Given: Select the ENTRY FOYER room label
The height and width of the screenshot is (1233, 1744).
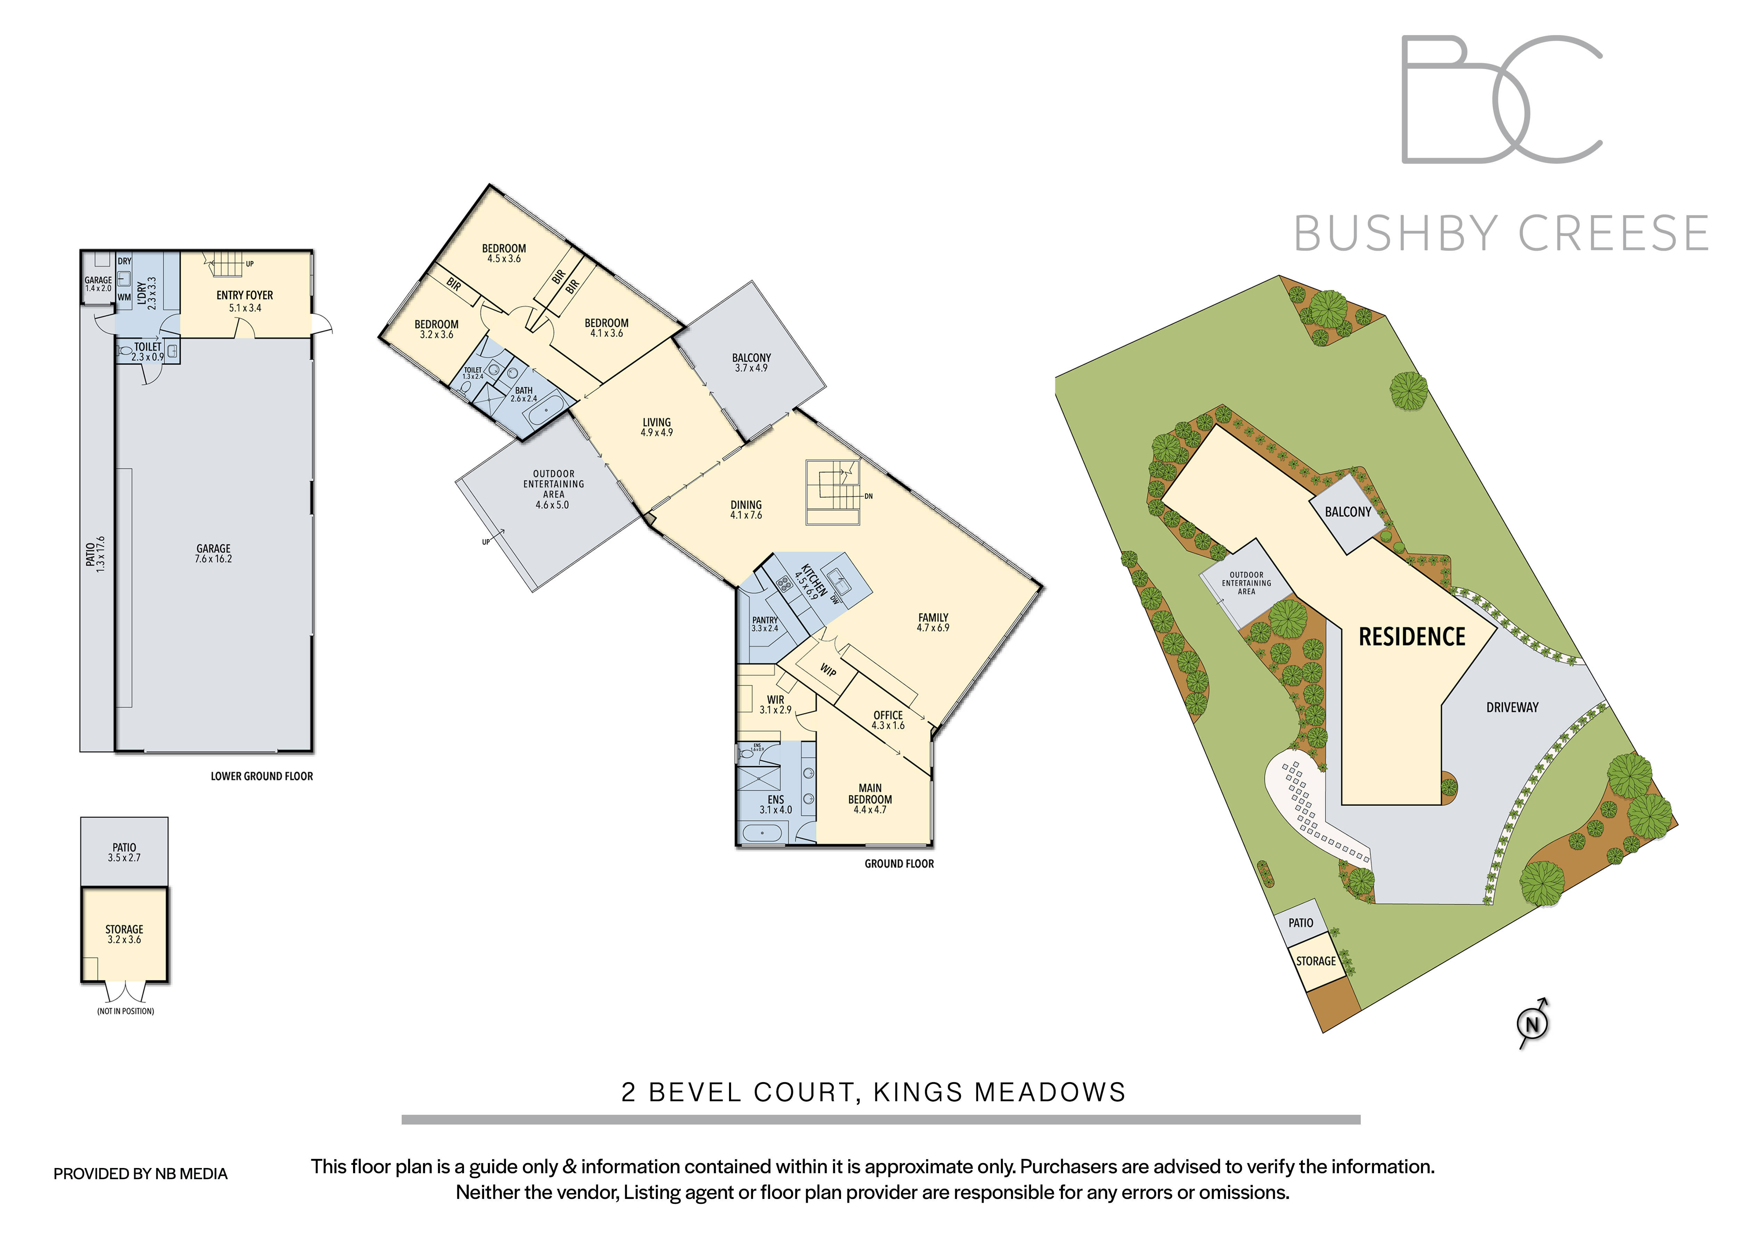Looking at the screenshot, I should pyautogui.click(x=245, y=295).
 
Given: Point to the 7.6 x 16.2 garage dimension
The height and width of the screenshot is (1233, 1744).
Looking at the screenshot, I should pyautogui.click(x=213, y=559).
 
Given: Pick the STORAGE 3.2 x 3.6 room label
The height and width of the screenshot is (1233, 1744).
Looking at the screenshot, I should pyautogui.click(x=124, y=934).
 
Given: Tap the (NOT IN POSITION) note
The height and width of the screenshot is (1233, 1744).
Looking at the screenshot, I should pyautogui.click(x=125, y=1011).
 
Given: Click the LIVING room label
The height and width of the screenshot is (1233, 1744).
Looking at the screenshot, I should pyautogui.click(x=657, y=422).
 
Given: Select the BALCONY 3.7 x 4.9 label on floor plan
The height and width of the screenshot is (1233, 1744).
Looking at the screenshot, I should pyautogui.click(x=751, y=362).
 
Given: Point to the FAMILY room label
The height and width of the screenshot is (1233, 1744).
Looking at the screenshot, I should pyautogui.click(x=933, y=618).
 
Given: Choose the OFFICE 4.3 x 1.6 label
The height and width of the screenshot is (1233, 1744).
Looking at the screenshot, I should pyautogui.click(x=888, y=720).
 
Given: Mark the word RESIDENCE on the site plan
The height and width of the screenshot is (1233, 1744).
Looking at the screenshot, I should pyautogui.click(x=1411, y=636).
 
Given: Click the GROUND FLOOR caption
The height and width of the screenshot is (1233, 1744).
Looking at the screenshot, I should pyautogui.click(x=899, y=864).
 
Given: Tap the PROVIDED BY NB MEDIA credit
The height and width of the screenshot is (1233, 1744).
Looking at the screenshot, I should pyautogui.click(x=140, y=1174).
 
